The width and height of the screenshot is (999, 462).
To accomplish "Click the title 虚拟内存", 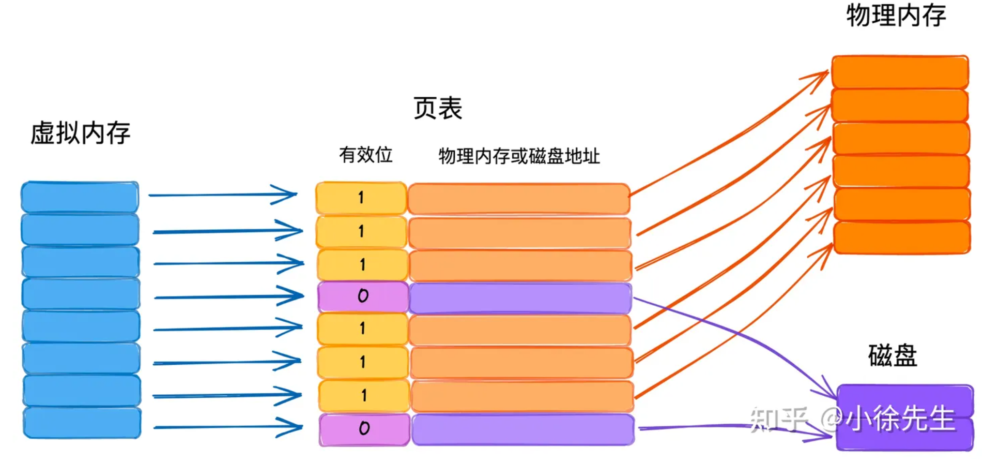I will (80, 133).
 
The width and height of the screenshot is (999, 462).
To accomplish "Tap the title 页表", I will (437, 108).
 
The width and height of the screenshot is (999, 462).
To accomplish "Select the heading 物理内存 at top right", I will (896, 15).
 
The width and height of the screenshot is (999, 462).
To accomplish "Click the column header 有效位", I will (366, 155).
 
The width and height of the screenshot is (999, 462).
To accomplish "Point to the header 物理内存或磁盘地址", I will (519, 156).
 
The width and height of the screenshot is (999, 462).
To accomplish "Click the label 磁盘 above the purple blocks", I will (892, 356).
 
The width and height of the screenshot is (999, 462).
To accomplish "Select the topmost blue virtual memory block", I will (80, 197).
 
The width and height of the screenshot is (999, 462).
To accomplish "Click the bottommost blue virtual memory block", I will (82, 423).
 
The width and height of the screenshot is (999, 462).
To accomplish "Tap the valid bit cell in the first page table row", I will (361, 198).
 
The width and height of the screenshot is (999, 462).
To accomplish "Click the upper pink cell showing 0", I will (363, 296).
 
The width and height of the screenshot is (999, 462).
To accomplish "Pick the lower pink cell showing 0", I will (364, 429).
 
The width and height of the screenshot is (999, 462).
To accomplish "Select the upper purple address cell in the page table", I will (521, 298).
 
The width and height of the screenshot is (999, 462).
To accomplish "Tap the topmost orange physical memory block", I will (900, 72).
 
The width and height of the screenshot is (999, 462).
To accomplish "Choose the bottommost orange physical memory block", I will (902, 238).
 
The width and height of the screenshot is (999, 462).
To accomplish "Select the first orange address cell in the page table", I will (519, 199).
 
